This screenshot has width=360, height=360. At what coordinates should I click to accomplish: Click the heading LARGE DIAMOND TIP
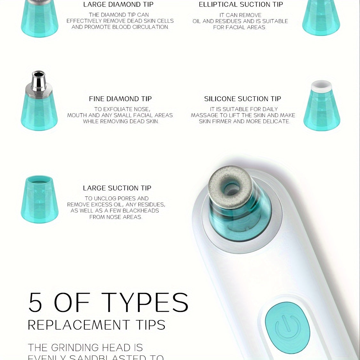(118, 4)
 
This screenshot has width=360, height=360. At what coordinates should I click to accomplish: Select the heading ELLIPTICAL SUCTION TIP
(241, 4)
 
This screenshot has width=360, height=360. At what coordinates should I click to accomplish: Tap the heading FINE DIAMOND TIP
(120, 99)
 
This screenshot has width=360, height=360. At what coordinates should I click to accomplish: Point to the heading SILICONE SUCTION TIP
(243, 99)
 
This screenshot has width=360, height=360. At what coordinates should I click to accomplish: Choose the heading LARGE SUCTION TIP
(117, 188)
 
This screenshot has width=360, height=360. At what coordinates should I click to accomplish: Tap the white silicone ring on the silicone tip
(321, 85)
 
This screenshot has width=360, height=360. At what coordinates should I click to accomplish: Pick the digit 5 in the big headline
(35, 302)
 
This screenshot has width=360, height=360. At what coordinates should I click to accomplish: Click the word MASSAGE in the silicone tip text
(205, 115)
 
